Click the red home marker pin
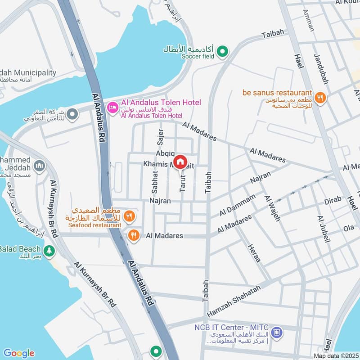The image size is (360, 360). click(180, 162)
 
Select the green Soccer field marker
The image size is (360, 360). click(222, 53)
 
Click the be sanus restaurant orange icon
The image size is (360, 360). click(320, 98)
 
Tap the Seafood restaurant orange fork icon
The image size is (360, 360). click(129, 216)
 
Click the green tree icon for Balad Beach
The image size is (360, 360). click(49, 250)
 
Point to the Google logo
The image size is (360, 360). click(18, 353)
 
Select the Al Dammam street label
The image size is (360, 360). click(237, 205)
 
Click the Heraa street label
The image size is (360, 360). click(253, 253)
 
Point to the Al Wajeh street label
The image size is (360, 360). click(272, 208)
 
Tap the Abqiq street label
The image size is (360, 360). click(165, 153)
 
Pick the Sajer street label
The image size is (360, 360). click(160, 136)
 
